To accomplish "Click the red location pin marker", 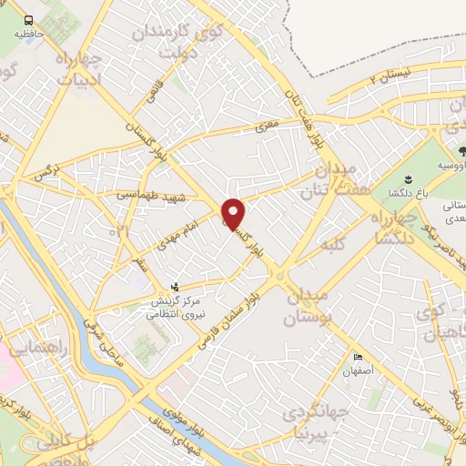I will click(x=234, y=215).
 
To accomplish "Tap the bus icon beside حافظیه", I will click(x=29, y=20).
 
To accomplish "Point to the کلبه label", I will click(x=334, y=245).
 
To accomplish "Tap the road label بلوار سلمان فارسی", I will click(x=234, y=313).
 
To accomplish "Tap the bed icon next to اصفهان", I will click(x=358, y=358).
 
